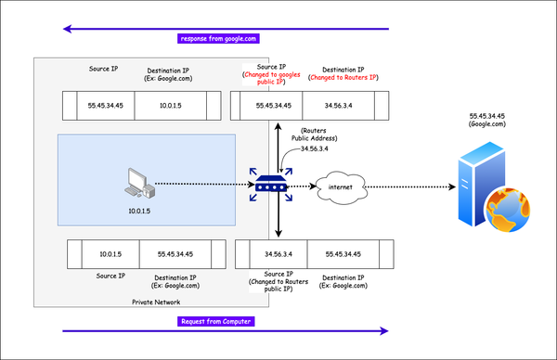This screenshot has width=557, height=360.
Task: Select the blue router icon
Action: (x=269, y=186)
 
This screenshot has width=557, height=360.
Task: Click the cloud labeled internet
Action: (x=332, y=189)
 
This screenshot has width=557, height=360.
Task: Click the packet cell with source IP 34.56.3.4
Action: (x=278, y=252)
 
